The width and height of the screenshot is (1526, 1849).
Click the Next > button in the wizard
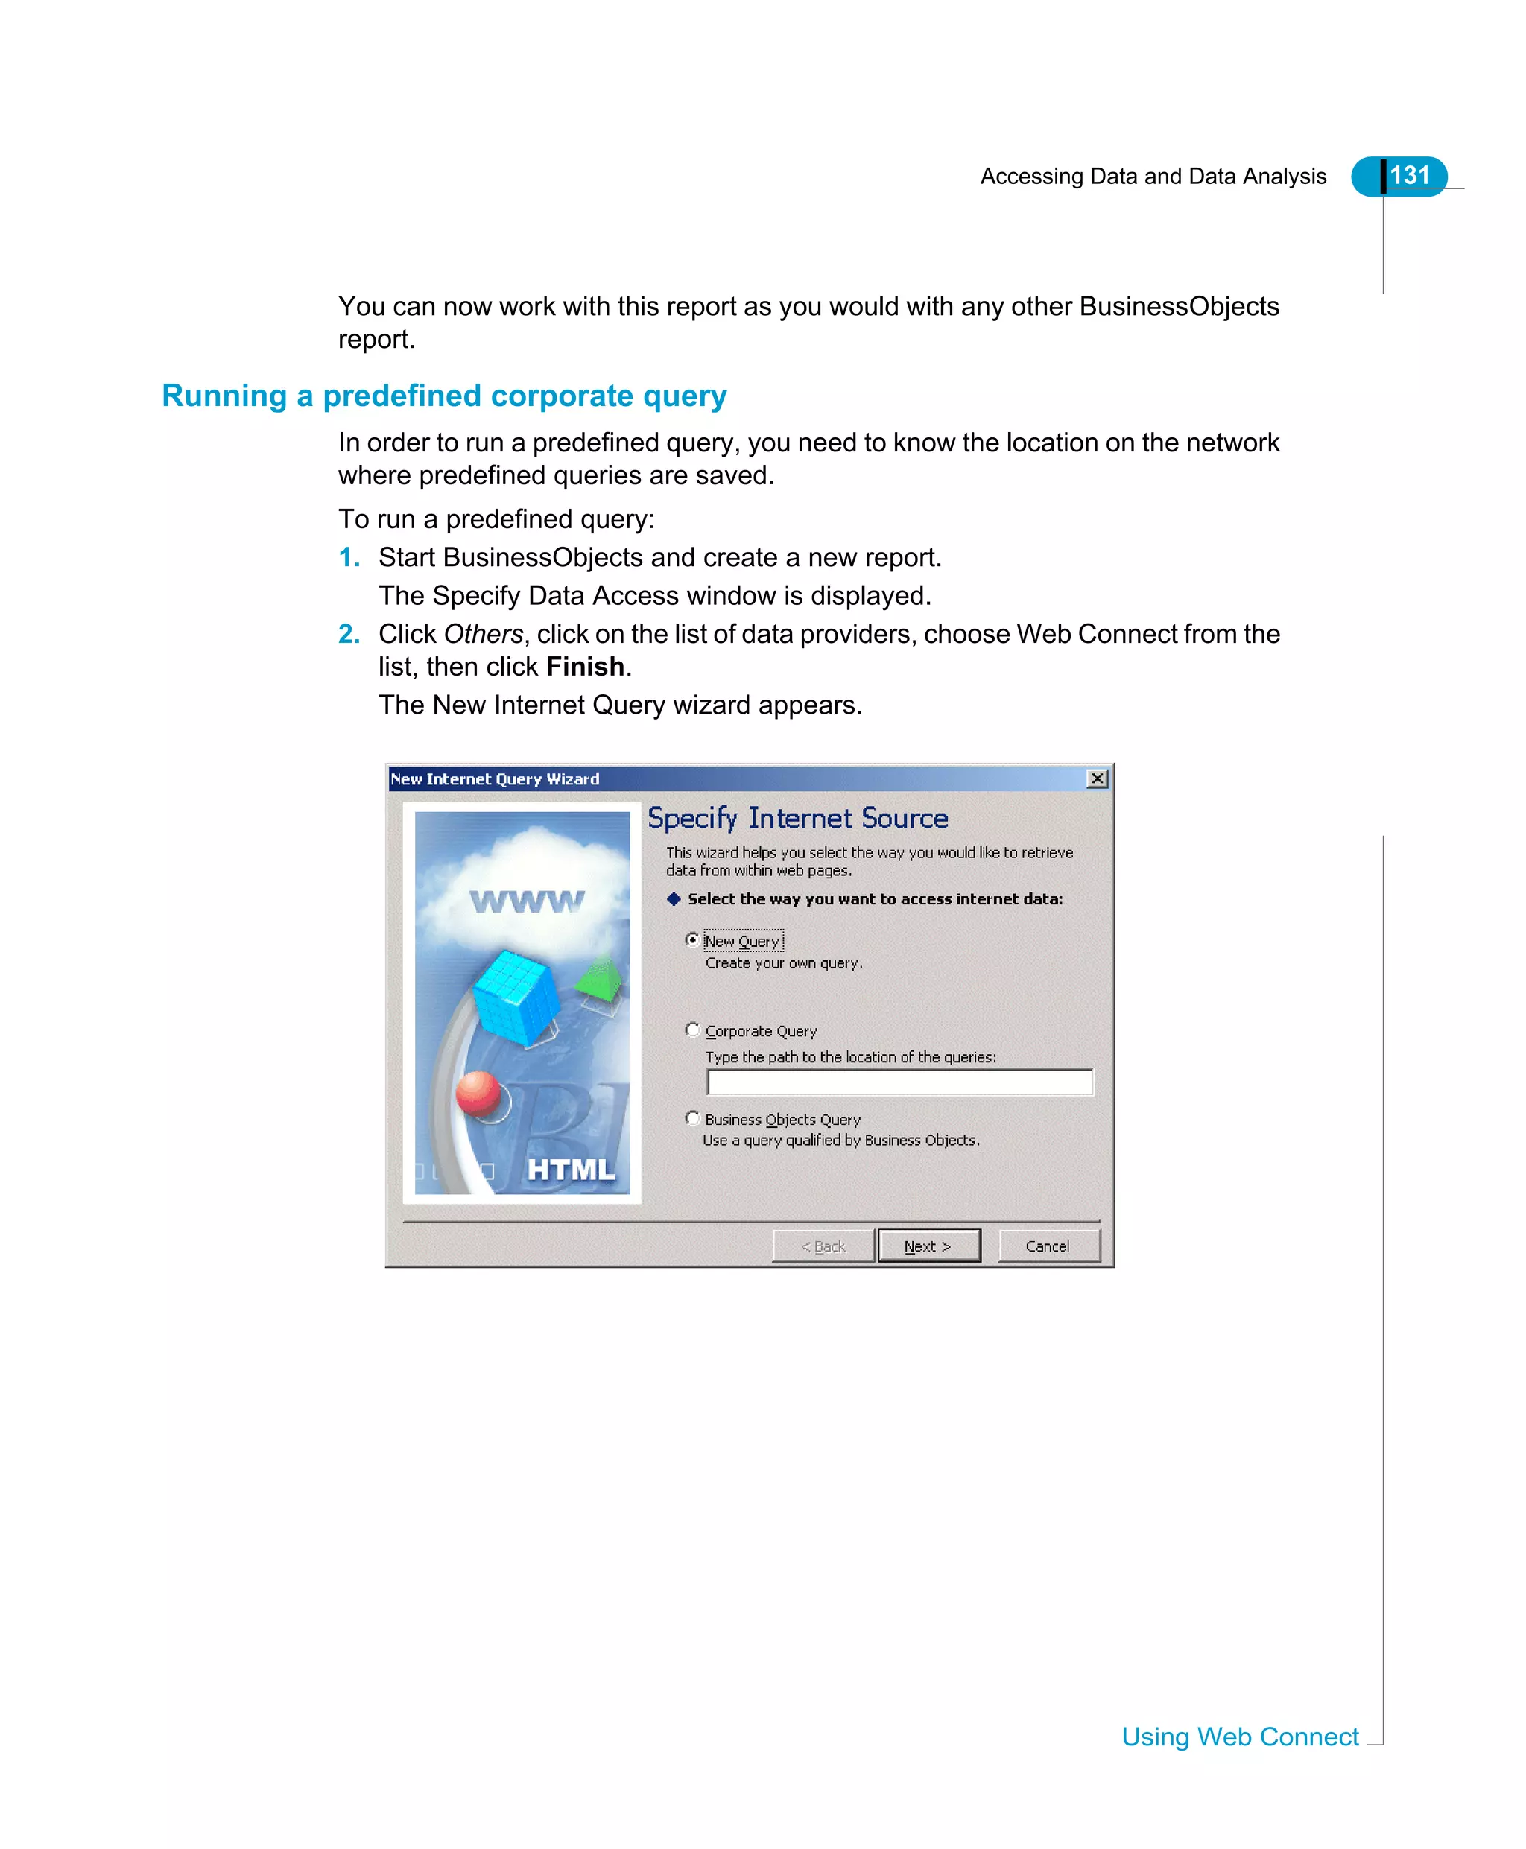[x=928, y=1246]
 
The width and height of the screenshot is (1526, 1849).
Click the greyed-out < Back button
[x=823, y=1246]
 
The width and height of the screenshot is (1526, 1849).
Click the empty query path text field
[x=899, y=1082]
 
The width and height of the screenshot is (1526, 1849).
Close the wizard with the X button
[x=1097, y=778]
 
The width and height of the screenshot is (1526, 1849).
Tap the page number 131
[x=1409, y=176]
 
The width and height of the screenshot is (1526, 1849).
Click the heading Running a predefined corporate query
[x=444, y=396]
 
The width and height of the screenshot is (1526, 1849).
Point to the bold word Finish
[x=585, y=667]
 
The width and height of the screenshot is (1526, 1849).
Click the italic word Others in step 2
[x=483, y=634]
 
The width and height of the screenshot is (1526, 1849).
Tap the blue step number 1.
[x=348, y=557]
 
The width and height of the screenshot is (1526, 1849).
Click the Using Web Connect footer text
[x=1239, y=1737]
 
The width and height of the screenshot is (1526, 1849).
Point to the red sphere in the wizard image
[x=478, y=1093]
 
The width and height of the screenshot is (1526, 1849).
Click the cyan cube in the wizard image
[x=516, y=997]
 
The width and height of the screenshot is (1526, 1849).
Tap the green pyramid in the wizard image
[x=601, y=978]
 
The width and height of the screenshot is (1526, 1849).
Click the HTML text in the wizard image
[x=572, y=1170]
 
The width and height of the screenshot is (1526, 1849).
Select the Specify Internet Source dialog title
[x=797, y=818]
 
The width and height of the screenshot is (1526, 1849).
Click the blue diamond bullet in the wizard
[x=674, y=898]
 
